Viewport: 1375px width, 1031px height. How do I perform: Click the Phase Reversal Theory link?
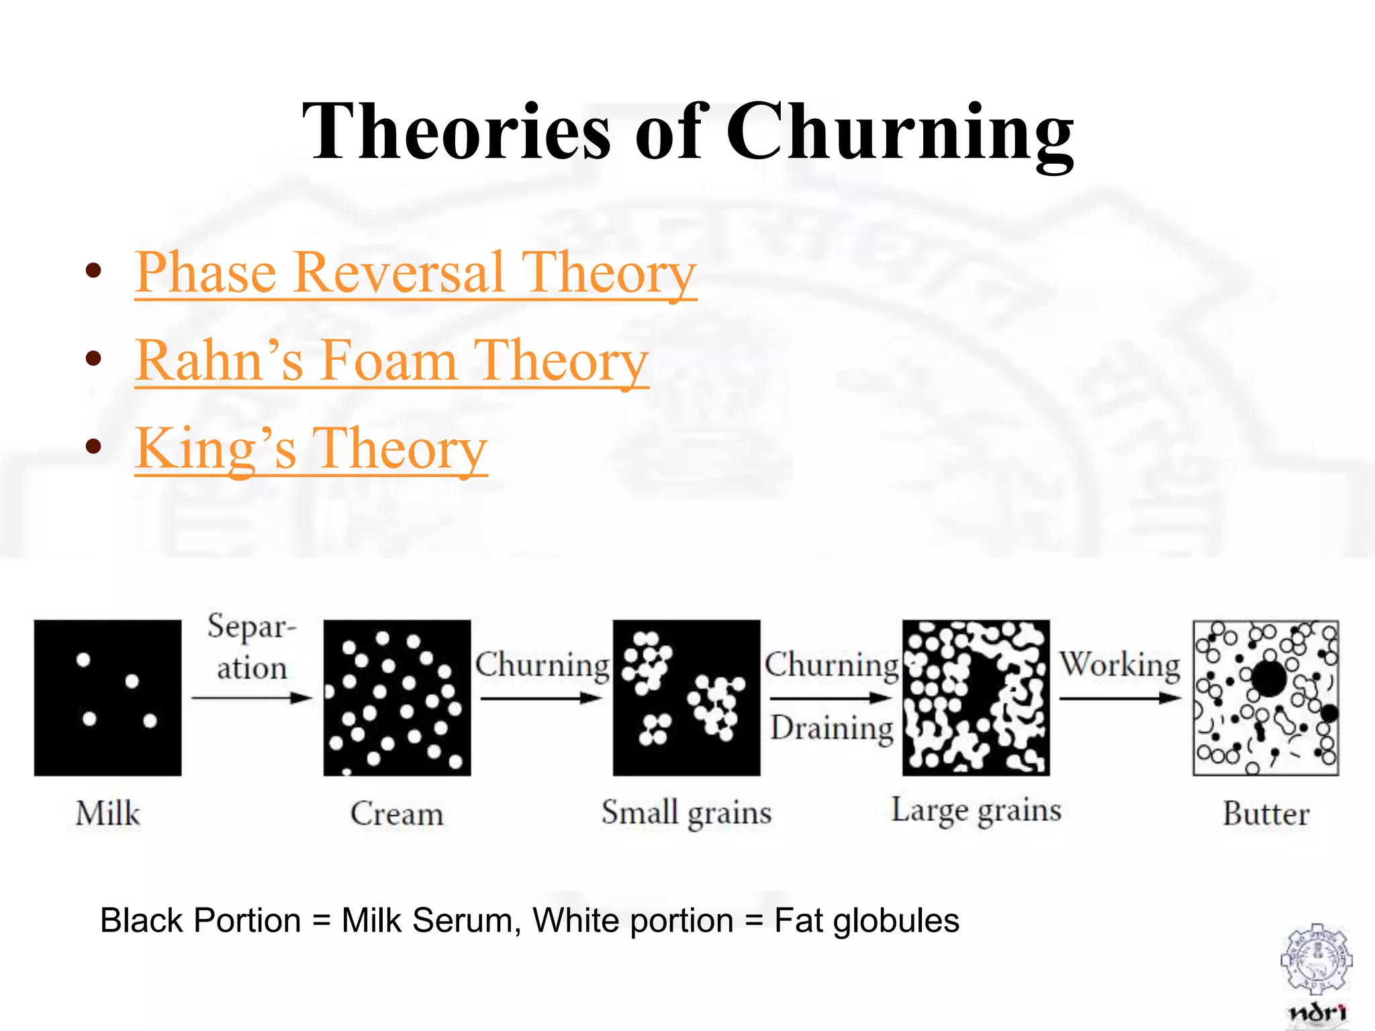[416, 273]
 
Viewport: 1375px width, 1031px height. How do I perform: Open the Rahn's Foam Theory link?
[391, 361]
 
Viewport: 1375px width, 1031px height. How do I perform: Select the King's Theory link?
[311, 449]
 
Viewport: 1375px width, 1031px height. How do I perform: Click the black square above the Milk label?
[107, 697]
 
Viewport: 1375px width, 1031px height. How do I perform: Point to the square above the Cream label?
[397, 697]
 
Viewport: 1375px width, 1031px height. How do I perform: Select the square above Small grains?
[686, 697]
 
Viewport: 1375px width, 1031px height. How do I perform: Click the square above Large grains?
[976, 697]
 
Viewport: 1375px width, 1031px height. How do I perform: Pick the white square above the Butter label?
[1266, 697]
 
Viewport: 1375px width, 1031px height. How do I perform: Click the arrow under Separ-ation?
[252, 698]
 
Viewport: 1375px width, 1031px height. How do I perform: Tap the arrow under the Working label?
[1120, 698]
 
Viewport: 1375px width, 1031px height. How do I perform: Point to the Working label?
[1120, 665]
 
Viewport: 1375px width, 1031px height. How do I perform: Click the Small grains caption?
[686, 812]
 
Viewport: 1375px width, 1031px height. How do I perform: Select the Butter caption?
[1266, 814]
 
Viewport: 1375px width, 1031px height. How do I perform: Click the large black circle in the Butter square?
[1268, 679]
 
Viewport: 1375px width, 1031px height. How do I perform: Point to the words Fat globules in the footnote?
[866, 920]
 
